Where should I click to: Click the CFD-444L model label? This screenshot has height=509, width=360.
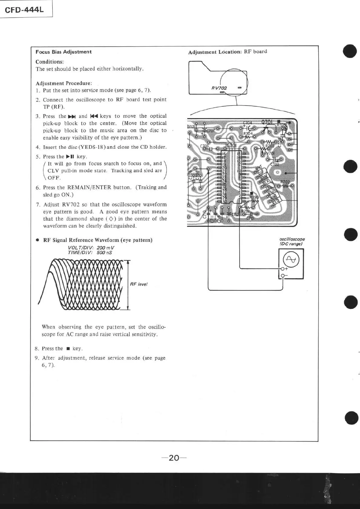click(x=24, y=10)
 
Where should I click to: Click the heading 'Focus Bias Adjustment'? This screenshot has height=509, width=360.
click(x=64, y=52)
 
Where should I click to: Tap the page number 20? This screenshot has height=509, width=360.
click(x=174, y=458)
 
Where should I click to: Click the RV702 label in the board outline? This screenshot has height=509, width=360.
click(x=219, y=88)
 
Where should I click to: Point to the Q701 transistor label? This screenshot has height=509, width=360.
click(x=267, y=122)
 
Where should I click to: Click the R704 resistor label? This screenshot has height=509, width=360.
click(x=248, y=133)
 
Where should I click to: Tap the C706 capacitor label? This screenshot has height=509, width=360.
click(x=205, y=146)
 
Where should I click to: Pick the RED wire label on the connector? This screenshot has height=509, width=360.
click(x=276, y=202)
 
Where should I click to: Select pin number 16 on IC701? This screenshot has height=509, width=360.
click(x=224, y=154)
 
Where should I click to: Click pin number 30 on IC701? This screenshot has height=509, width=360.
click(x=224, y=202)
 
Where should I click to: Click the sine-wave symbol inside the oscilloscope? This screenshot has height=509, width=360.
click(x=291, y=260)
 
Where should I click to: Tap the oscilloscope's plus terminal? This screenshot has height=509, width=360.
click(x=283, y=269)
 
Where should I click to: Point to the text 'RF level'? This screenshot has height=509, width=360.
click(x=139, y=284)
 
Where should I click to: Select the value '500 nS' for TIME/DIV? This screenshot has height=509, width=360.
click(x=104, y=252)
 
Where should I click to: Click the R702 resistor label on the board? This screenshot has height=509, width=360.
click(x=285, y=182)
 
